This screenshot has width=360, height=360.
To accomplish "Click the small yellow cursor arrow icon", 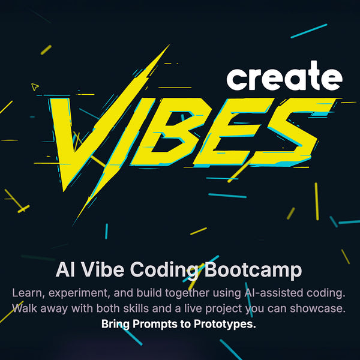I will pyautogui.click(x=35, y=87).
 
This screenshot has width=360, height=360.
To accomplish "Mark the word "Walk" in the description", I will pyautogui.click(x=26, y=309).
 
